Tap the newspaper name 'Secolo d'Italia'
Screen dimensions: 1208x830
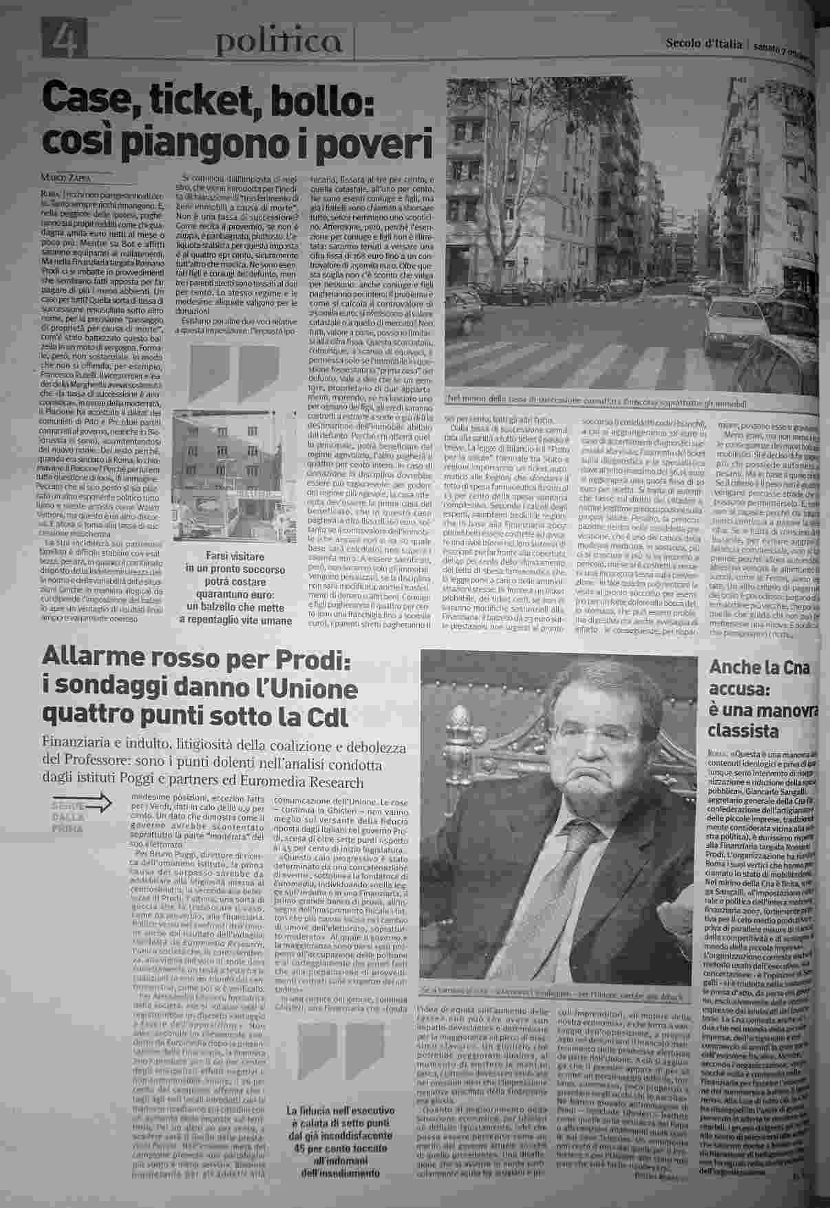coord(703,45)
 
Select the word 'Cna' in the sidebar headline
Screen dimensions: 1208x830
coord(796,668)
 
